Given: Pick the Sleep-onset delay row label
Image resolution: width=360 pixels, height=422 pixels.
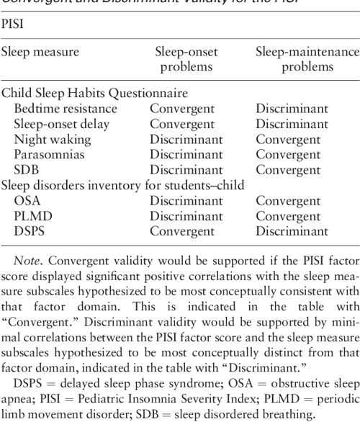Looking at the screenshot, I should [63, 125].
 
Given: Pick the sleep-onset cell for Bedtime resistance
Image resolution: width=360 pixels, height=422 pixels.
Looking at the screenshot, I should [181, 110].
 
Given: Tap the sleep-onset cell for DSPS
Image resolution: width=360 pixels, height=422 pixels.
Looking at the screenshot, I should [181, 225].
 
